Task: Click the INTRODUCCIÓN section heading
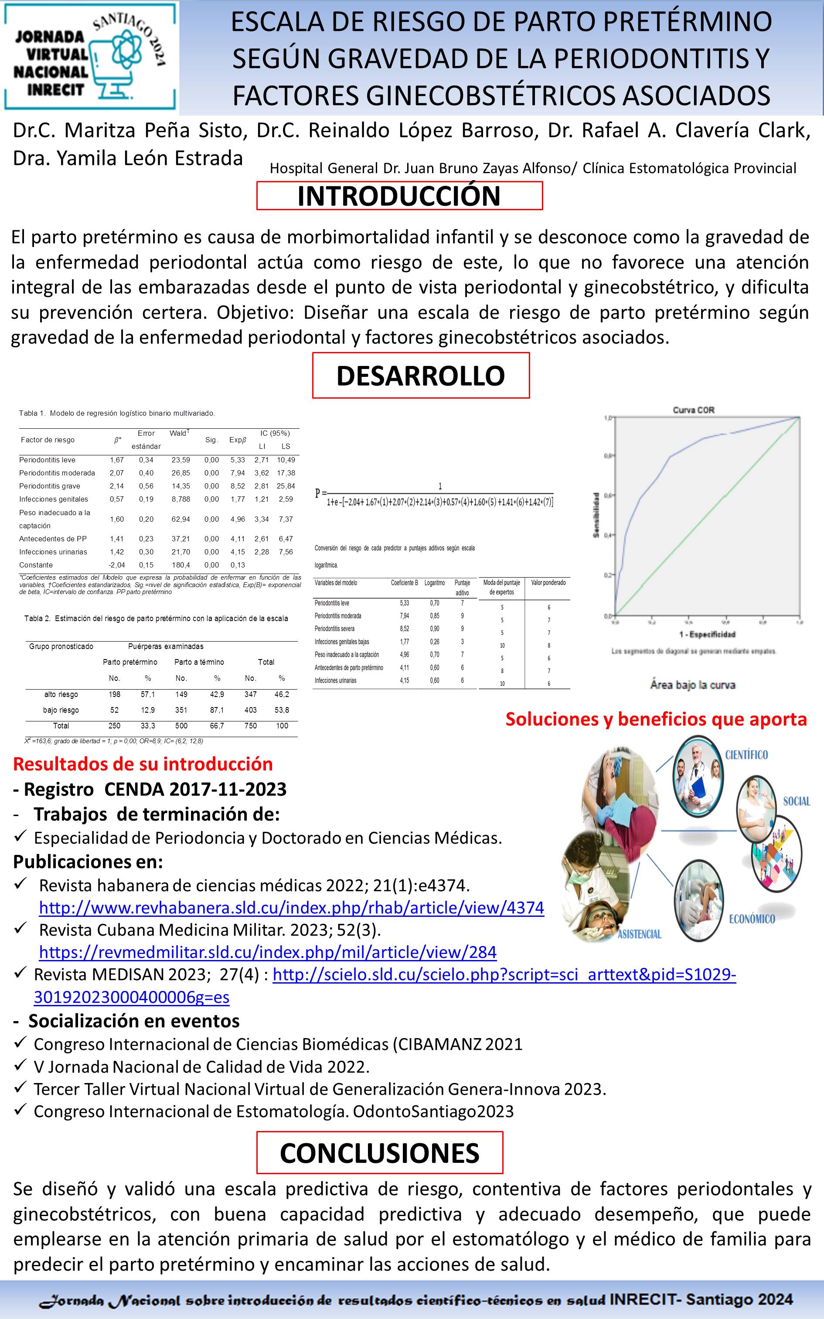point(399,196)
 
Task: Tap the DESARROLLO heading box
point(420,376)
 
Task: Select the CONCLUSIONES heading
point(379,1153)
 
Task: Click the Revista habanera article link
point(292,908)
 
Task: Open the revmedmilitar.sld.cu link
point(268,952)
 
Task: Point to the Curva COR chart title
point(693,410)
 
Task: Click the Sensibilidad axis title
point(596,515)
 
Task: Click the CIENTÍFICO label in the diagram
point(746,755)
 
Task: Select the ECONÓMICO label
point(752,919)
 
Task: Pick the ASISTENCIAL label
point(639,934)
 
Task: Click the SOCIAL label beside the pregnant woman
point(797,801)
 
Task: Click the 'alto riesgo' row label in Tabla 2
point(61,694)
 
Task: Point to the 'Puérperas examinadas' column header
point(166,646)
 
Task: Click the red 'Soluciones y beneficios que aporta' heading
point(656,719)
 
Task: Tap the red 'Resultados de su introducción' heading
point(143,764)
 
